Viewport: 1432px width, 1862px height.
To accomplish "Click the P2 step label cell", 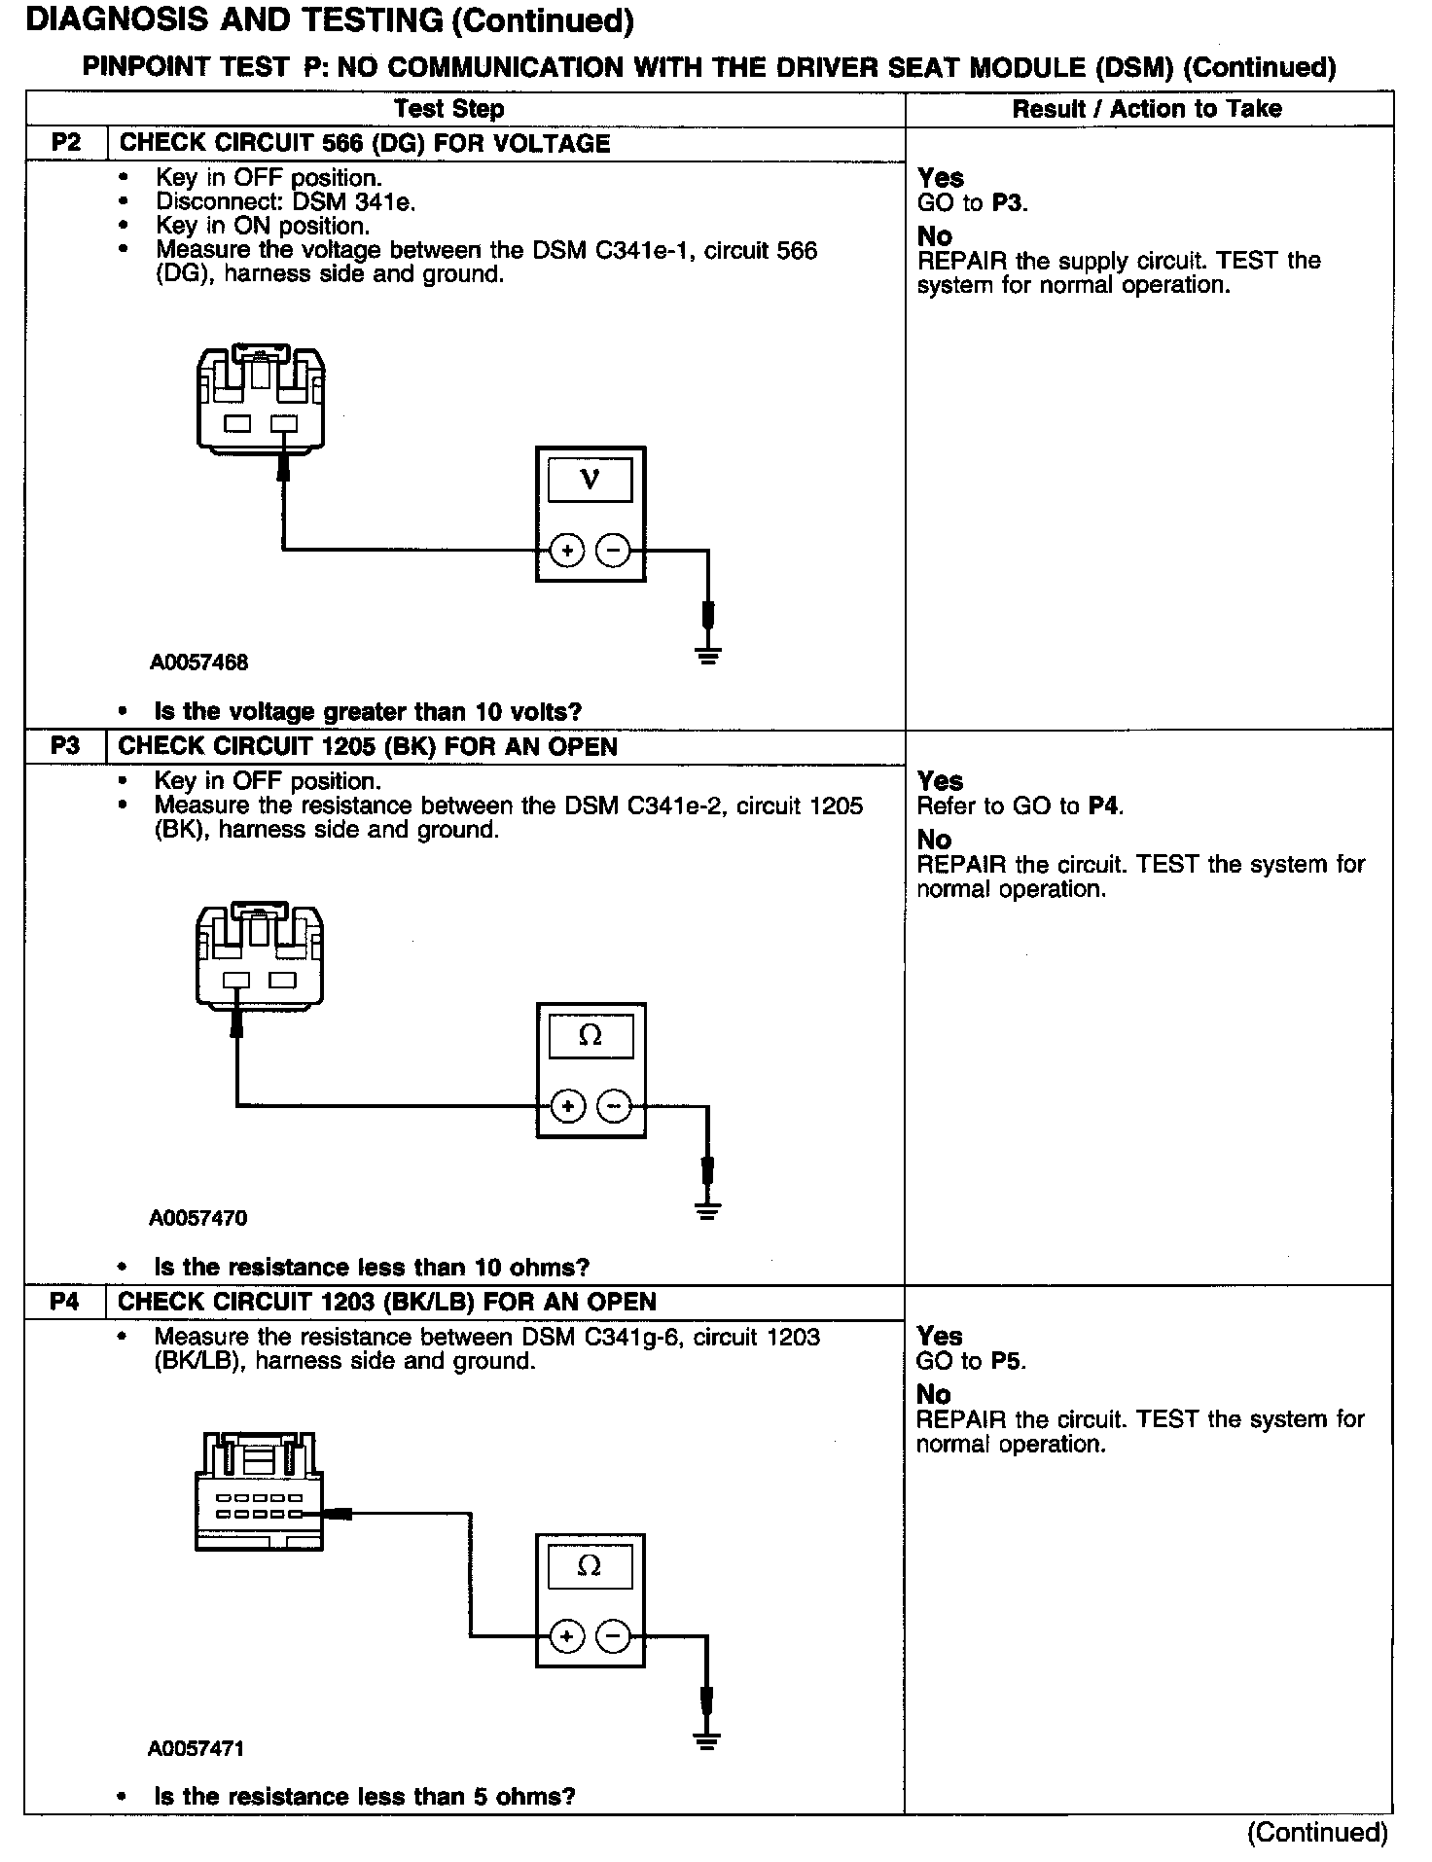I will pyautogui.click(x=65, y=143).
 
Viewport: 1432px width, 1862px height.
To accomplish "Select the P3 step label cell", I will pyautogui.click(x=65, y=746).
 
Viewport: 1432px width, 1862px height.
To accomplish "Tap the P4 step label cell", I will pyautogui.click(x=65, y=1302).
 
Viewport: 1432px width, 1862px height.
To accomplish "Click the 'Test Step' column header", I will pyautogui.click(x=448, y=109).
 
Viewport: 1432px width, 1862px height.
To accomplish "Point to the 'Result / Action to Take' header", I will pyautogui.click(x=1147, y=109).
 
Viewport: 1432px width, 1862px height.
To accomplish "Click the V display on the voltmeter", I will pyautogui.click(x=590, y=480).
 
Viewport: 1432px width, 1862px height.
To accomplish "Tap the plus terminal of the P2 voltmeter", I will pyautogui.click(x=566, y=551).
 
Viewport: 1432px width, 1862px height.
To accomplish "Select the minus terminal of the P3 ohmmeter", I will pyautogui.click(x=613, y=1106).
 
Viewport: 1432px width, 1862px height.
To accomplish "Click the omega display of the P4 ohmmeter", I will pyautogui.click(x=590, y=1565).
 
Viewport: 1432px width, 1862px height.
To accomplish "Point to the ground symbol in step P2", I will pyautogui.click(x=708, y=657).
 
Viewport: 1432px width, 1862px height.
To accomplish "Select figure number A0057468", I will pyautogui.click(x=198, y=662).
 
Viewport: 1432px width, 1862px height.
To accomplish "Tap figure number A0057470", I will pyautogui.click(x=198, y=1218).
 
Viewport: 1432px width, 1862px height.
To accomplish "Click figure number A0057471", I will pyautogui.click(x=197, y=1748).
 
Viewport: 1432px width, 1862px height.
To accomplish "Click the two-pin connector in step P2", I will pyautogui.click(x=261, y=399).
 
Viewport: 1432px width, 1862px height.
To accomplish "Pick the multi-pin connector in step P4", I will pyautogui.click(x=259, y=1490).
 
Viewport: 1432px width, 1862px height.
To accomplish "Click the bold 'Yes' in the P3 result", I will pyautogui.click(x=941, y=781).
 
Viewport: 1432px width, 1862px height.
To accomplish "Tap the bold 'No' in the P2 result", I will pyautogui.click(x=935, y=236).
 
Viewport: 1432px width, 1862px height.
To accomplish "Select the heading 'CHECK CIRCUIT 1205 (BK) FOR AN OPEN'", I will pyautogui.click(x=368, y=746).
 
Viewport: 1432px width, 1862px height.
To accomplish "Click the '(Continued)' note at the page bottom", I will pyautogui.click(x=1317, y=1832).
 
